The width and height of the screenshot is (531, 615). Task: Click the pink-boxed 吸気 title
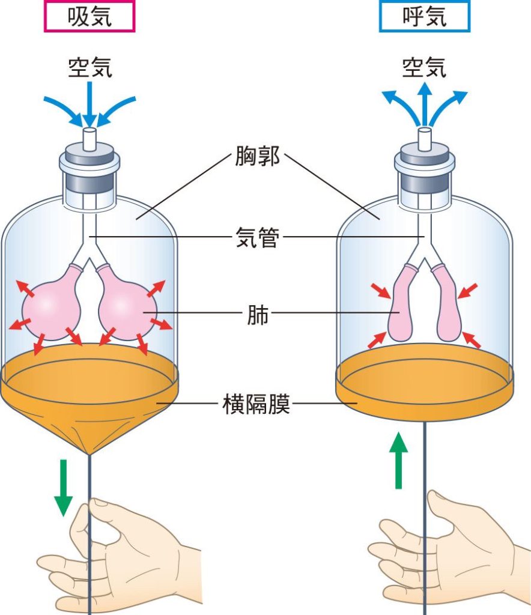pyautogui.click(x=90, y=16)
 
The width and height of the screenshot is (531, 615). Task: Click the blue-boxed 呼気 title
pyautogui.click(x=424, y=16)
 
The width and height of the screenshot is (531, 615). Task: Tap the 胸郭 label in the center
pyautogui.click(x=257, y=156)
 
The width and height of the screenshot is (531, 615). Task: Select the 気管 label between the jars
pyautogui.click(x=257, y=237)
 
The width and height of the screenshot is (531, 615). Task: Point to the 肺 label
pyautogui.click(x=258, y=314)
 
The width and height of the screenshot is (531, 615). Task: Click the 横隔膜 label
pyautogui.click(x=256, y=404)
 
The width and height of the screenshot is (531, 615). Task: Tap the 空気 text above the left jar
pyautogui.click(x=90, y=67)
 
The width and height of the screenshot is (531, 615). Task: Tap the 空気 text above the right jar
pyautogui.click(x=424, y=67)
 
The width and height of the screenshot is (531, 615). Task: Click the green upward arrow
pyautogui.click(x=398, y=460)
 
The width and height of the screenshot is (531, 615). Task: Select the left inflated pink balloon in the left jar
pyautogui.click(x=52, y=302)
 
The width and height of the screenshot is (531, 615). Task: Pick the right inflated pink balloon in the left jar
pyautogui.click(x=126, y=302)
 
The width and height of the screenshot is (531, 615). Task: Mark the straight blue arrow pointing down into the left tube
pyautogui.click(x=90, y=103)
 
